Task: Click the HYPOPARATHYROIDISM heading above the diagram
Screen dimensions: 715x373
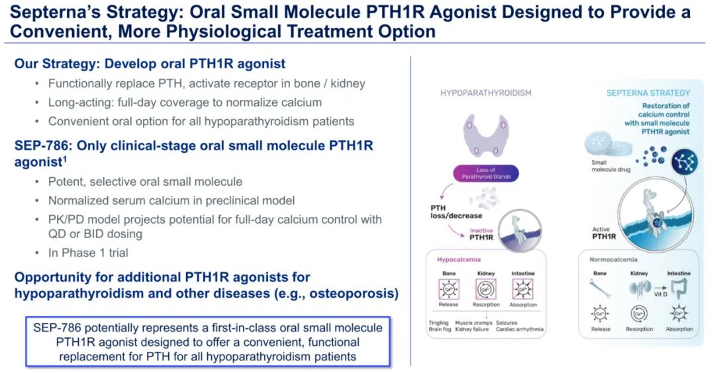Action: [486, 93]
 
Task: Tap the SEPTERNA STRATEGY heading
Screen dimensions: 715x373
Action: [647, 93]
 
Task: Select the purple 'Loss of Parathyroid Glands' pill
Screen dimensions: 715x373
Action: [486, 174]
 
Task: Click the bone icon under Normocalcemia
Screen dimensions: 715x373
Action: [600, 288]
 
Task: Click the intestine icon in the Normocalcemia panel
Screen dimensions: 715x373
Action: [679, 288]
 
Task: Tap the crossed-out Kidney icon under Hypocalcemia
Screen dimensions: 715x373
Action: [486, 289]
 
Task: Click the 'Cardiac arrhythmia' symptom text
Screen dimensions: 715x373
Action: [521, 329]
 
